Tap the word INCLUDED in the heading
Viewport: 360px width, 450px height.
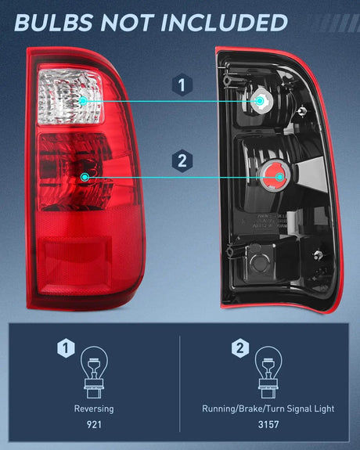coord(228,22)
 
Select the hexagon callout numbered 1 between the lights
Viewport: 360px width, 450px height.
coord(182,85)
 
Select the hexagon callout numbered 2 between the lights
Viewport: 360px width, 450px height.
coord(182,161)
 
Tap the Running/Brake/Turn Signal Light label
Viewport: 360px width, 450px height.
coord(268,409)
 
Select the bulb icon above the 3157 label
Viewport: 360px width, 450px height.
coord(268,368)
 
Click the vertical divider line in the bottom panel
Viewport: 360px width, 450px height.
coord(180,383)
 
